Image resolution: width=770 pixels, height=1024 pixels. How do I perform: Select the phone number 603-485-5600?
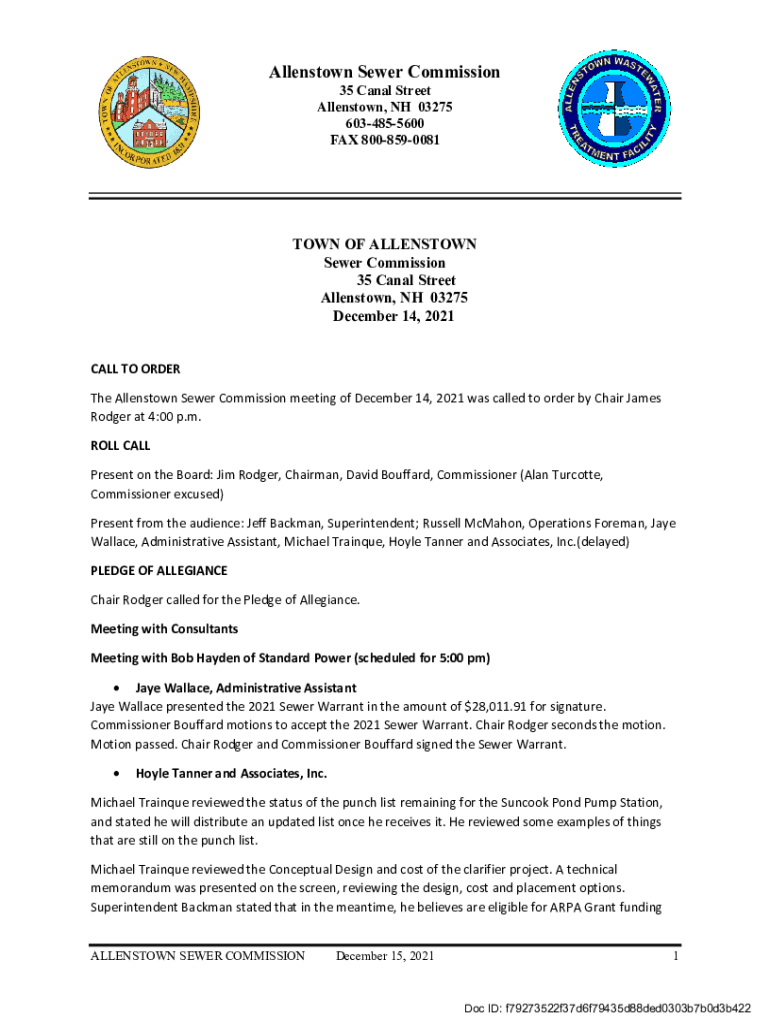pyautogui.click(x=384, y=123)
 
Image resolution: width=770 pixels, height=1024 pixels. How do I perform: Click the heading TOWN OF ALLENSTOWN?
pyautogui.click(x=384, y=245)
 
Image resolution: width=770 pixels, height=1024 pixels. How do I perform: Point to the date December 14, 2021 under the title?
pyautogui.click(x=393, y=316)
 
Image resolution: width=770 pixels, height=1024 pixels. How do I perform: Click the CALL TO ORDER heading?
pyautogui.click(x=135, y=369)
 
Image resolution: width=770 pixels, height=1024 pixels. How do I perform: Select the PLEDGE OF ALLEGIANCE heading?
pyautogui.click(x=159, y=570)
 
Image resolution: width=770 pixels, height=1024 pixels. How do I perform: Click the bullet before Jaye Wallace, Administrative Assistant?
pyautogui.click(x=119, y=688)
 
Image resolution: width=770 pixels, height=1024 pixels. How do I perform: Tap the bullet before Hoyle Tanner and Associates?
pyautogui.click(x=119, y=774)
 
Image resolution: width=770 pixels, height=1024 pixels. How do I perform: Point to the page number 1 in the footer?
pyautogui.click(x=676, y=957)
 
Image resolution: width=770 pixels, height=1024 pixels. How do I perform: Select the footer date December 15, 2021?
pyautogui.click(x=385, y=957)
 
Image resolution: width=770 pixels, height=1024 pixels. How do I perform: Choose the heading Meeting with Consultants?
pyautogui.click(x=164, y=629)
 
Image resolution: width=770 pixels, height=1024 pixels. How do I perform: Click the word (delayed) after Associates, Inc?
pyautogui.click(x=602, y=542)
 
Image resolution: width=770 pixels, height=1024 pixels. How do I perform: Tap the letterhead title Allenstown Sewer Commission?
pyautogui.click(x=384, y=72)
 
